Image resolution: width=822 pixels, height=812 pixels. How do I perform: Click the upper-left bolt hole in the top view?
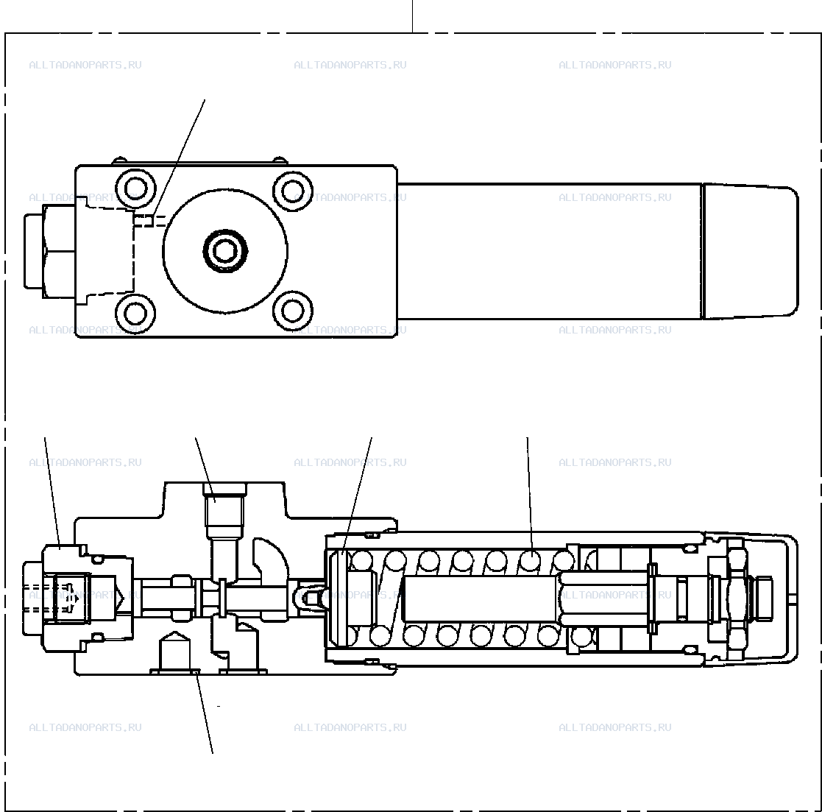point(136,189)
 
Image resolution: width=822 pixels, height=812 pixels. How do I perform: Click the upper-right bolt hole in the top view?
point(293,190)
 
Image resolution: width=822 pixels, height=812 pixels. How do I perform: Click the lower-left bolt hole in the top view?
point(135,313)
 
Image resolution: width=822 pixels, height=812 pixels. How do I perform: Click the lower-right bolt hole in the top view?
point(293,310)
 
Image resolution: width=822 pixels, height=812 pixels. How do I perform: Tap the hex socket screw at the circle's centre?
point(225,251)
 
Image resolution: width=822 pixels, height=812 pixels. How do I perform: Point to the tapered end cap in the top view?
point(750,251)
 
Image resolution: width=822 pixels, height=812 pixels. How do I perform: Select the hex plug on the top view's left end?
point(50,251)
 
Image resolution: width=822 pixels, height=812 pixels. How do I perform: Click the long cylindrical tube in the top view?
point(550,251)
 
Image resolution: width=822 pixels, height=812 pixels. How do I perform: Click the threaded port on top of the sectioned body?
point(225,512)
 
